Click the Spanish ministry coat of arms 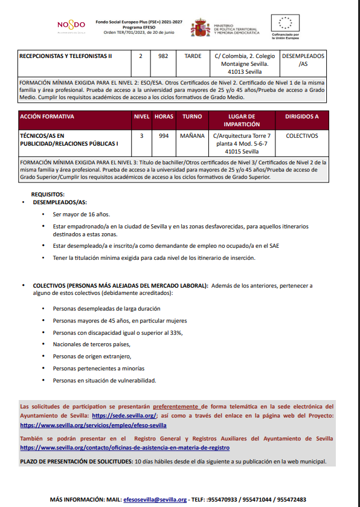point(201,27)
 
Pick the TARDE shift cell point(193,56)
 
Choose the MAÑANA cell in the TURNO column point(193,136)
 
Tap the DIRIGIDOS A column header point(301,115)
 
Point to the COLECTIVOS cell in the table point(301,136)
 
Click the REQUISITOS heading point(48,194)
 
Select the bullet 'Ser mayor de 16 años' point(81,214)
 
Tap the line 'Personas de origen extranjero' point(92,356)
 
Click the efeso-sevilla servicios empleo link point(93,425)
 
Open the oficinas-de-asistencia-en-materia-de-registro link point(124,448)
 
